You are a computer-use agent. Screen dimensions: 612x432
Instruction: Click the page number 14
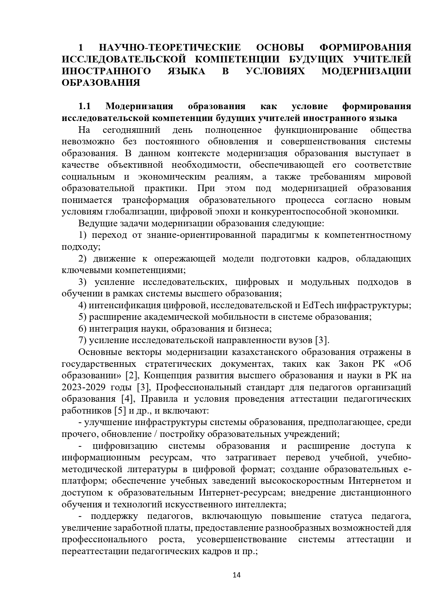point(237,575)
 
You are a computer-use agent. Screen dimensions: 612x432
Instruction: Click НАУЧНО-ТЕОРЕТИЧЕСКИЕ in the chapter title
point(170,47)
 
